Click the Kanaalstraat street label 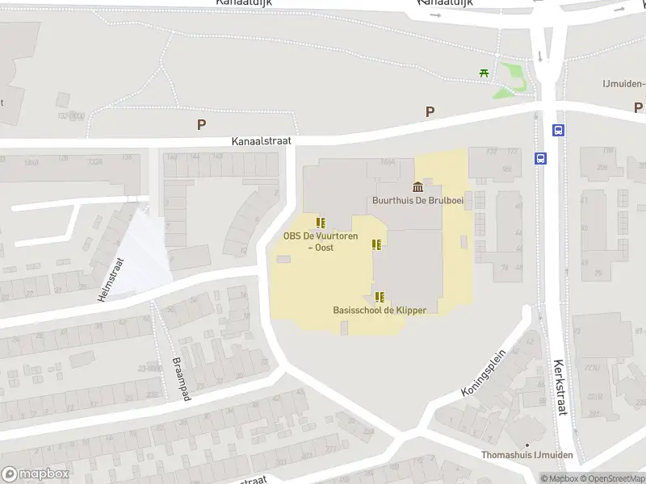click(x=261, y=140)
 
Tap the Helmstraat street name click(x=111, y=279)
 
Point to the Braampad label click(x=179, y=379)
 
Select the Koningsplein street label click(x=483, y=372)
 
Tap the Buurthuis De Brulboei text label click(x=417, y=200)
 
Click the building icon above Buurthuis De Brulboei click(x=417, y=186)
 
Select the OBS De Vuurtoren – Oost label click(x=320, y=241)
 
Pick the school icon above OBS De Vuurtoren click(x=321, y=223)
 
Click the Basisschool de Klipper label click(x=380, y=310)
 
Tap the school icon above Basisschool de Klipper click(x=380, y=296)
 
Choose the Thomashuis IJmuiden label click(x=526, y=456)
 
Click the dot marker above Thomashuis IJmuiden click(x=526, y=444)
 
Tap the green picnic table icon click(x=484, y=73)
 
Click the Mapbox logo click(x=36, y=474)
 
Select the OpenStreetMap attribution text click(x=614, y=478)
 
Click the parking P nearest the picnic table click(x=430, y=112)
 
